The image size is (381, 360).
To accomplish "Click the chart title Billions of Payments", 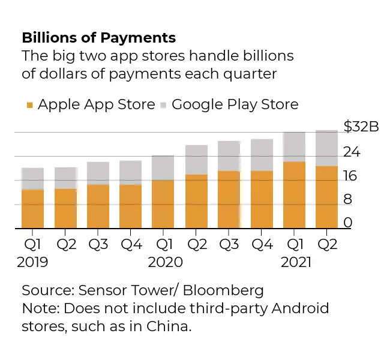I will (98, 38).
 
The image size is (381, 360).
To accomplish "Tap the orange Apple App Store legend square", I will (29, 106).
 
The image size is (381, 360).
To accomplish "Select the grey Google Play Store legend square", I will (163, 106).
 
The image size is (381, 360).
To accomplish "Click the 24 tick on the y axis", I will (352, 152).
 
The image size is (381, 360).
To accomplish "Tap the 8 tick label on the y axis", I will (348, 200).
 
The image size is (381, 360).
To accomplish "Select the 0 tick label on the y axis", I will (348, 223).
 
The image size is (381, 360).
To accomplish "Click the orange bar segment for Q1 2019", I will (32, 209).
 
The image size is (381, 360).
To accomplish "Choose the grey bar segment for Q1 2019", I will (32, 179).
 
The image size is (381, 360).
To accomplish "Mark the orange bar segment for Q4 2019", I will (130, 206).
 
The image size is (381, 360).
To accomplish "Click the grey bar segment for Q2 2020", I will (196, 160).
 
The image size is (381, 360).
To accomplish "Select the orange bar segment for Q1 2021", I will (293, 195).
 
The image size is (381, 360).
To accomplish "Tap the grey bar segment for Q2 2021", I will (326, 148).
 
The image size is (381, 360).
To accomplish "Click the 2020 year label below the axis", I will (165, 262).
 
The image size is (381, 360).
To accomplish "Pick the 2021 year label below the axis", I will (296, 262).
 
